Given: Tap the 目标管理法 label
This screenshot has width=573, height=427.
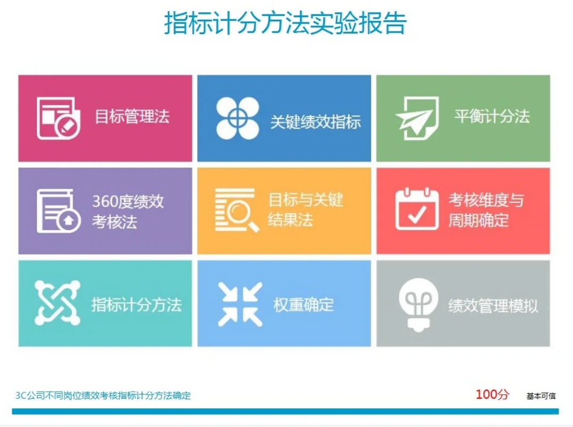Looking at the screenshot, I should (x=132, y=116).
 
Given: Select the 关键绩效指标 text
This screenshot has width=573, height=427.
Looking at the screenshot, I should (x=315, y=122).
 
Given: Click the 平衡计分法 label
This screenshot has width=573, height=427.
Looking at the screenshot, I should (x=492, y=116).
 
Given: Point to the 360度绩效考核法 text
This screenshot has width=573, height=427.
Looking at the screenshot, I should (x=128, y=211).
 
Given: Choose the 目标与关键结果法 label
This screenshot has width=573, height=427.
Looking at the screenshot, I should (x=305, y=210).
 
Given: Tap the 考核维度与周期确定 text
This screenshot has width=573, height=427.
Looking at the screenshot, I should (x=485, y=210).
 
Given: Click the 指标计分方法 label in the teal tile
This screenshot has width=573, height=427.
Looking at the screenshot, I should (x=136, y=305).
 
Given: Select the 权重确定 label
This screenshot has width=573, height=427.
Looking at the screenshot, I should (x=303, y=305).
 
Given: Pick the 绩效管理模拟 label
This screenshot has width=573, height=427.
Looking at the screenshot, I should (x=493, y=306).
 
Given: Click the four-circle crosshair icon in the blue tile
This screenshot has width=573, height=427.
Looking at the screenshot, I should (x=238, y=118).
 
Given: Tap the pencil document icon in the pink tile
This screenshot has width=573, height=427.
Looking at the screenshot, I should (x=59, y=118).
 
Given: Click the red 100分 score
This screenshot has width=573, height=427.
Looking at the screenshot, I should (x=492, y=394).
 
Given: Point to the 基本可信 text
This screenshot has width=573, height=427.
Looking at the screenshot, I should (x=541, y=396).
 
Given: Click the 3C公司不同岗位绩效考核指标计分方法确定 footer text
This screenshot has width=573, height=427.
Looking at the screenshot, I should (x=103, y=396).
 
